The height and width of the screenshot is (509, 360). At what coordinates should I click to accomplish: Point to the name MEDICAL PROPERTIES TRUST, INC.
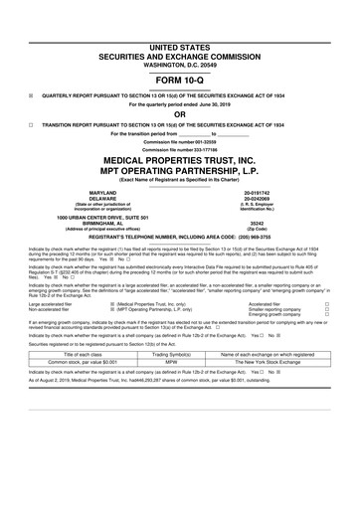180,159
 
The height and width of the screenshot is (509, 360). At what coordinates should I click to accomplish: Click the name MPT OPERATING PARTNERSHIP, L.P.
180,170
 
